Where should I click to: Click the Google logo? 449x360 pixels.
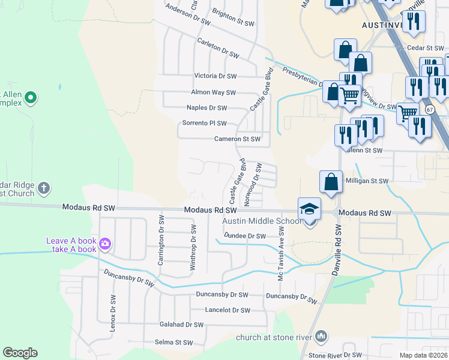coord(20,353)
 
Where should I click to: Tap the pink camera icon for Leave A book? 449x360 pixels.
coord(105,244)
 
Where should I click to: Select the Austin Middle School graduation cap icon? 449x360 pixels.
coord(309,209)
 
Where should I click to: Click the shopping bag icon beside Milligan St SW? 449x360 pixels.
coord(331,182)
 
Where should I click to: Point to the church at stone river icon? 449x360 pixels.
coord(322,336)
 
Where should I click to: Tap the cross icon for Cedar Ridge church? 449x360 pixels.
coord(43,189)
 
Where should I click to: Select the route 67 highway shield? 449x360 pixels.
coord(429,110)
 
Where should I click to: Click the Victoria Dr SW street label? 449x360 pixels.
coord(215,76)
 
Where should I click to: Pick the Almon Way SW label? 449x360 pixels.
coord(213,92)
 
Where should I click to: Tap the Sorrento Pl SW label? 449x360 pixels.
coord(204,124)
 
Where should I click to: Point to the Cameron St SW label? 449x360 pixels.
coord(238,139)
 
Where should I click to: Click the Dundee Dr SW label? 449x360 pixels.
coord(244,236)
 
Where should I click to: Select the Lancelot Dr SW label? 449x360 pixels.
coord(228,310)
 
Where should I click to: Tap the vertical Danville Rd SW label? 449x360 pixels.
coord(337,250)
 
